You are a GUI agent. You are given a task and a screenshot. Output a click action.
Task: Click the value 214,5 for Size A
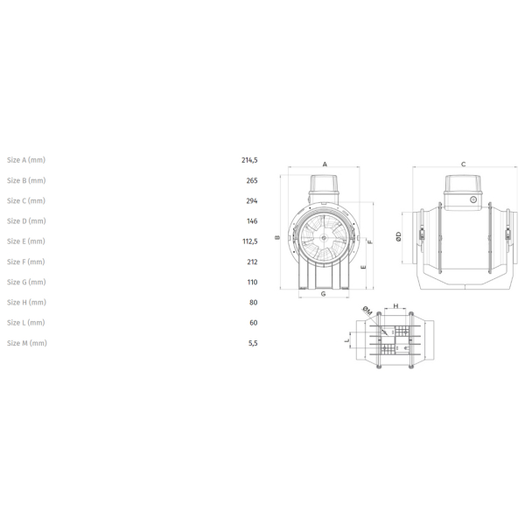point(249,160)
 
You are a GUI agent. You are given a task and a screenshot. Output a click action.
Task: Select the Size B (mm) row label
point(26,180)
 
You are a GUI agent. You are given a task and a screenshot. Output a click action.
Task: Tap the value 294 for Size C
point(252,201)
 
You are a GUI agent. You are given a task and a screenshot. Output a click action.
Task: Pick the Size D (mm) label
point(26,221)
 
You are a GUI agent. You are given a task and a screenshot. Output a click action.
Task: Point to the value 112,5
point(250,241)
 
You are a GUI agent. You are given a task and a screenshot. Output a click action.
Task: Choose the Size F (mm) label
point(26,262)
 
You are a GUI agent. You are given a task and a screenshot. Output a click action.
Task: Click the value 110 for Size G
point(253,283)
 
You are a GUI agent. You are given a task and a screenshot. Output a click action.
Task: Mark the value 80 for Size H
point(254,303)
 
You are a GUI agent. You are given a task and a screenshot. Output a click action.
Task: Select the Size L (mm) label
point(26,322)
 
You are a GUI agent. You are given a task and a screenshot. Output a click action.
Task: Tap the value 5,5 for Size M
point(253,343)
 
